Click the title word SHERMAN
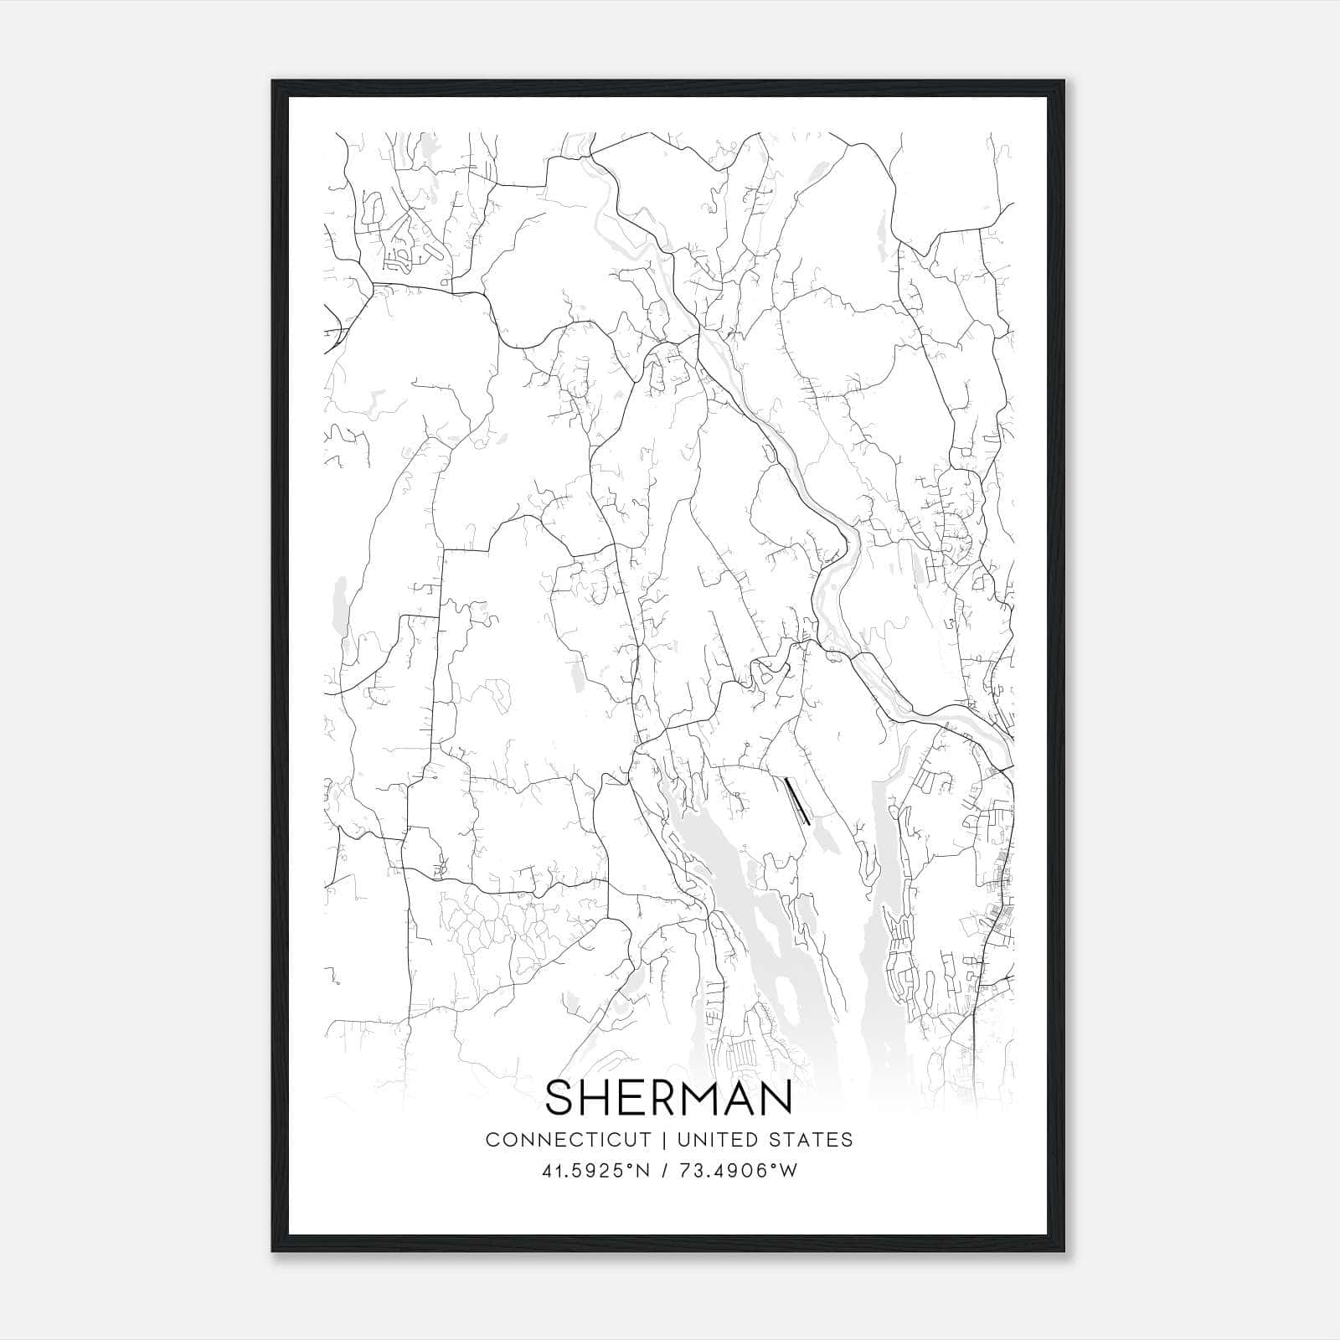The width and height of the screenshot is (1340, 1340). [668, 1099]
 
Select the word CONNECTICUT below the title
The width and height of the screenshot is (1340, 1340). [569, 1140]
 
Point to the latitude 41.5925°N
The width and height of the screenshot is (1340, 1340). [595, 1170]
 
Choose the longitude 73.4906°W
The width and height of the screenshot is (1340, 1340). [737, 1170]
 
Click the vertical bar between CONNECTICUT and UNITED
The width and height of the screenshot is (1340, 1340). [663, 1140]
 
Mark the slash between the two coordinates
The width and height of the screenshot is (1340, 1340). [665, 1170]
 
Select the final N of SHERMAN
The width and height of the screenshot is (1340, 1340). [776, 1099]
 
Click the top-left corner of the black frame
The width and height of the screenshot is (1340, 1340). [274, 82]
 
